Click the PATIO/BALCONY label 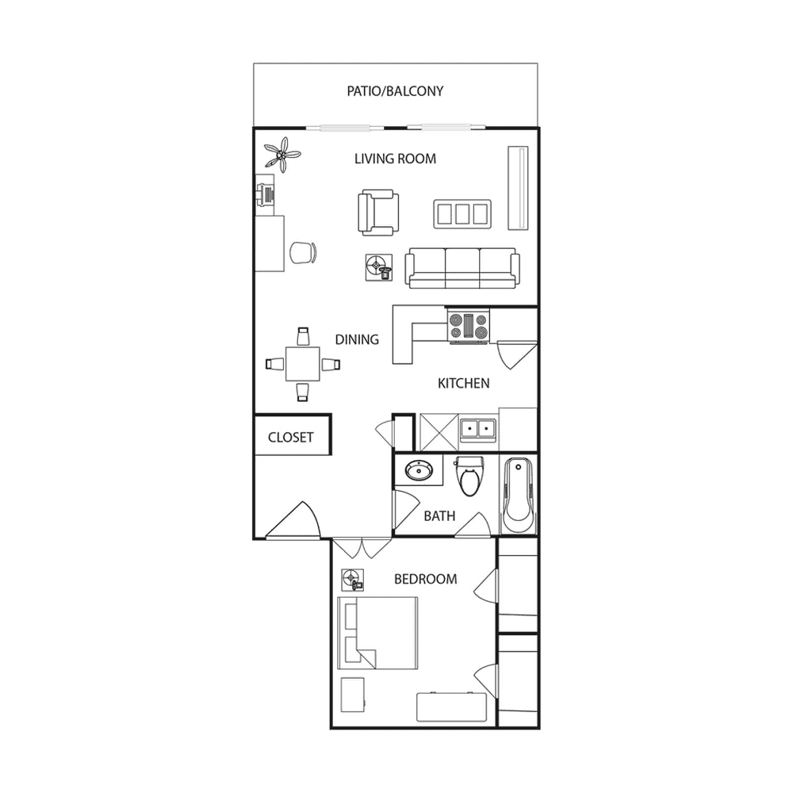395,91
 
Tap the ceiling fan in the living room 282,154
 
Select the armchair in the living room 378,213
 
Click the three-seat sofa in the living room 462,268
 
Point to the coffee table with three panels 462,214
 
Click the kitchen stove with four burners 469,326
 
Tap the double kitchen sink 478,430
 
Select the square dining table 302,364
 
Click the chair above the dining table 303,336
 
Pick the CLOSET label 291,437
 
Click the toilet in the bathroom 469,475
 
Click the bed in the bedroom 377,633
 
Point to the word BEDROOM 425,579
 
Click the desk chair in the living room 304,252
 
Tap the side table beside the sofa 379,267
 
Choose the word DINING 357,339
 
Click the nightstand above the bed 353,580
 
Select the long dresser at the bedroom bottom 451,707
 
